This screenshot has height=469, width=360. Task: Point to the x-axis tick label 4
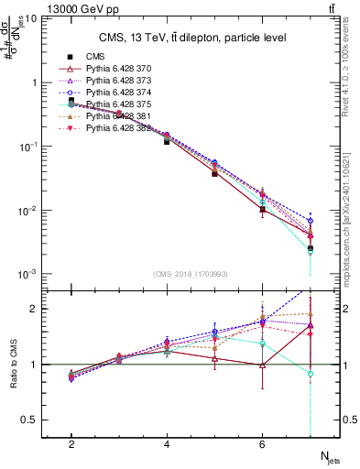click(x=167, y=444)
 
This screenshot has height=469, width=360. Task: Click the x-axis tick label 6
click(x=262, y=444)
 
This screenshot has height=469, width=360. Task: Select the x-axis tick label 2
click(x=71, y=444)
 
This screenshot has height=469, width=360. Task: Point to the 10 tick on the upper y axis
click(x=31, y=17)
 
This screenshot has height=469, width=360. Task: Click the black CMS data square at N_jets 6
click(x=262, y=210)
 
